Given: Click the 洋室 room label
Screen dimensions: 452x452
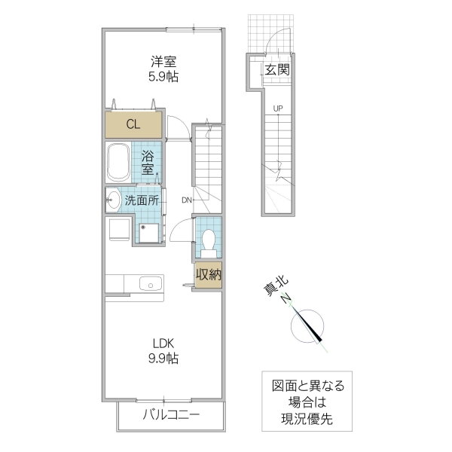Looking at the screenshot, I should point(163,62).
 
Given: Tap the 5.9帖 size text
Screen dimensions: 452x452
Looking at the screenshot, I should point(163,77).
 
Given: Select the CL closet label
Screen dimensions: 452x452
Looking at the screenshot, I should point(133,124).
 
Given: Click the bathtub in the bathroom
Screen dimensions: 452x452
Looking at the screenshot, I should point(118,160).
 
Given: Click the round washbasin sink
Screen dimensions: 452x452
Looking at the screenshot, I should point(113,200).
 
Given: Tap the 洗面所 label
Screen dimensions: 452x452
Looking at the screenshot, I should point(142,200).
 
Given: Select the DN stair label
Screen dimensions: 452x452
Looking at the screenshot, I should point(186,200).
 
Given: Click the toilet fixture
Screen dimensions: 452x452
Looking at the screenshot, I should point(209,240).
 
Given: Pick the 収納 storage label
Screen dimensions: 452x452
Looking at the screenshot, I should point(209,275).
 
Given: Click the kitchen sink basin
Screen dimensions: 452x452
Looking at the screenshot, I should point(150,284).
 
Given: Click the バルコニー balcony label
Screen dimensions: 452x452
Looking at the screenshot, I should point(171,414).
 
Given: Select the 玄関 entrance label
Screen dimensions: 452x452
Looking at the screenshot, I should point(276,70).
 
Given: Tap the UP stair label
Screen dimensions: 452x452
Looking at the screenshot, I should point(278,108).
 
